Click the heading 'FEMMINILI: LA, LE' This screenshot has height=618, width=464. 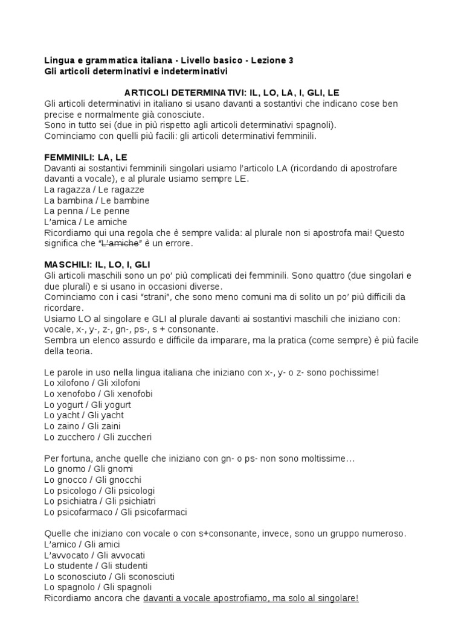coord(86,158)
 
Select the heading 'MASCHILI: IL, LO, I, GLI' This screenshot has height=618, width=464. coord(97,265)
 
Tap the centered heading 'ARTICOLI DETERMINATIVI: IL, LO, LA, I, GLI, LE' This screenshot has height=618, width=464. coord(231,92)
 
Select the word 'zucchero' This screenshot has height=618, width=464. coord(76,437)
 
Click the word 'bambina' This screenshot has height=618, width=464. coord(74,200)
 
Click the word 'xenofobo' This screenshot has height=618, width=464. coord(76,393)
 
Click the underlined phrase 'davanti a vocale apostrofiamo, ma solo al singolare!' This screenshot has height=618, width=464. coord(251,598)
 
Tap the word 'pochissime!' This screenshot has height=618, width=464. coord(355,372)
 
